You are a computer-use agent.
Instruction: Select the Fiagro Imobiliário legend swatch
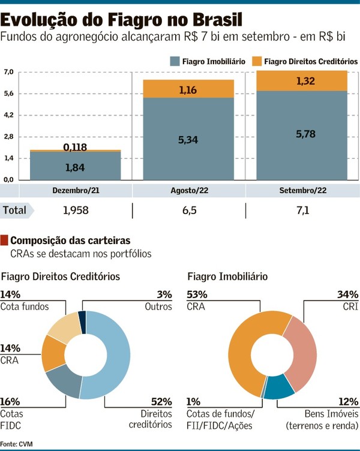pyautogui.click(x=175, y=61)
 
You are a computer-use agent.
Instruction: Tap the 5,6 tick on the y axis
pyautogui.click(x=8, y=94)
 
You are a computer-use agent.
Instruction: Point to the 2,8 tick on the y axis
pyautogui.click(x=8, y=137)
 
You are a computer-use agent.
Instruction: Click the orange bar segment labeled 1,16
pyautogui.click(x=188, y=89)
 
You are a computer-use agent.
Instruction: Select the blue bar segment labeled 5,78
pyautogui.click(x=302, y=135)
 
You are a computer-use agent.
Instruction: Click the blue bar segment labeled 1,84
pyautogui.click(x=74, y=166)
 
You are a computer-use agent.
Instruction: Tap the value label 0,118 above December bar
pyautogui.click(x=76, y=147)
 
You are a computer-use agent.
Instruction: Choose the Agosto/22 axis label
pyautogui.click(x=188, y=191)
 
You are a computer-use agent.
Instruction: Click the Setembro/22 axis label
pyautogui.click(x=302, y=191)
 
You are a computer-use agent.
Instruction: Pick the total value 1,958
pyautogui.click(x=75, y=211)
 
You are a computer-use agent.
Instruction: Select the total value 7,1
pyautogui.click(x=302, y=211)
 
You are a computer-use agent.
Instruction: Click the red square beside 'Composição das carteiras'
pyautogui.click(x=5, y=240)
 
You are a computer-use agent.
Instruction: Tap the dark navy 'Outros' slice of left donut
pyautogui.click(x=83, y=319)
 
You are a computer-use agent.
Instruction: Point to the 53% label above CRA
pyautogui.click(x=197, y=294)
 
